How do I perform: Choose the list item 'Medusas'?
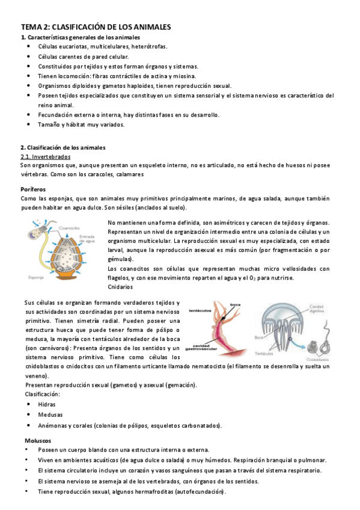coord(49,415)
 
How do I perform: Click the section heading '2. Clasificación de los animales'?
coord(63,147)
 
